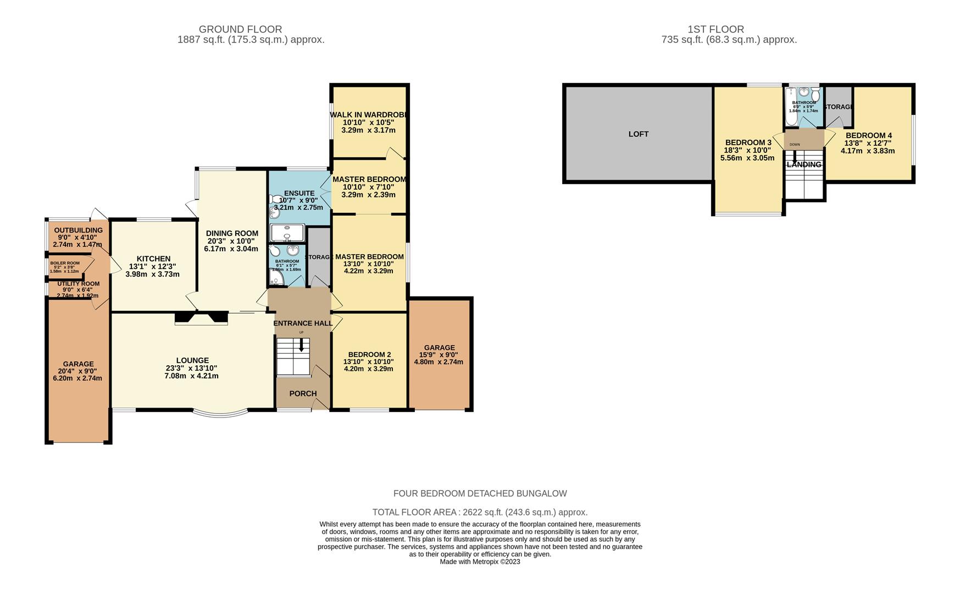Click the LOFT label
(638, 134)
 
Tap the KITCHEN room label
(153, 259)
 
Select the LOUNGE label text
(192, 361)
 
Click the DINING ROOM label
(231, 234)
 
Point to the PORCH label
(303, 394)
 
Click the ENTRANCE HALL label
(303, 323)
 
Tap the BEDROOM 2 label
(369, 355)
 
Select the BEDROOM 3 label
(748, 142)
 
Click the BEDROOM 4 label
(868, 136)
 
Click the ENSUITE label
(299, 194)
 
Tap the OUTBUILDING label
(78, 230)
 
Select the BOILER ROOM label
(65, 263)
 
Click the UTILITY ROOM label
(78, 284)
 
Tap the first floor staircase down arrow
(794, 155)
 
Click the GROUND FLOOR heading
(240, 29)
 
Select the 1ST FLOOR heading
(715, 29)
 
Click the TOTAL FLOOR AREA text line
(480, 512)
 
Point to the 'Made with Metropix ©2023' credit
(480, 562)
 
